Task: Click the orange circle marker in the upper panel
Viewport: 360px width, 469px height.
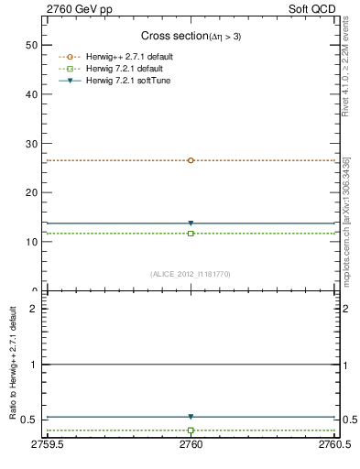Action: (x=191, y=160)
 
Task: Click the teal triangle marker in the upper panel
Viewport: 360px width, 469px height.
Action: (x=191, y=223)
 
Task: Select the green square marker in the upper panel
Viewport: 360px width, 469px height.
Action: (x=191, y=234)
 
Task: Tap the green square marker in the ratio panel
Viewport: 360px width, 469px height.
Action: (x=191, y=430)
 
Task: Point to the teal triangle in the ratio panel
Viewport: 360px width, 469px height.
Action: (x=191, y=417)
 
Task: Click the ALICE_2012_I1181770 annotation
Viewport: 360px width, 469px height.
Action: (x=191, y=273)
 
